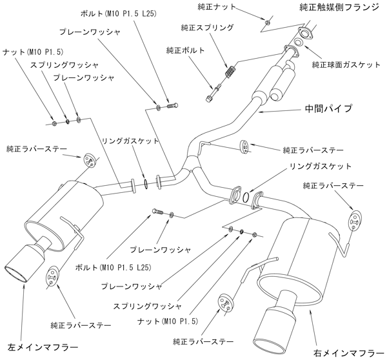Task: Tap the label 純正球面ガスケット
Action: pyautogui.click(x=346, y=65)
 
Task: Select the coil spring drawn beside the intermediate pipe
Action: pyautogui.click(x=229, y=72)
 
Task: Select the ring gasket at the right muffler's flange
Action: pyautogui.click(x=247, y=197)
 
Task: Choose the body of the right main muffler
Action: pyautogui.click(x=297, y=258)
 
